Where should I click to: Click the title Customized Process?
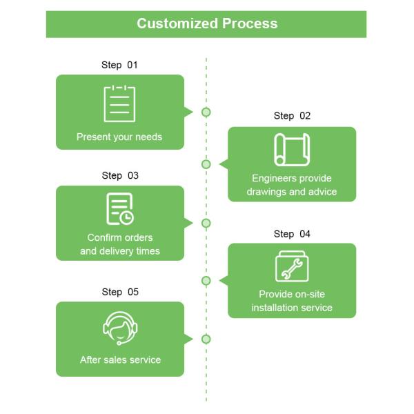tap(207, 23)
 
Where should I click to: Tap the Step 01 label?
tap(120, 65)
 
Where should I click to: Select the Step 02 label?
tap(292, 116)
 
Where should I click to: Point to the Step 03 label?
tap(120, 175)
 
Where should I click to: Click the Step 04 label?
tap(292, 234)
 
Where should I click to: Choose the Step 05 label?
tap(120, 292)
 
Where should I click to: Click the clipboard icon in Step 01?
tap(119, 103)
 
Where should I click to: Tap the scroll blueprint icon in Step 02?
tap(292, 150)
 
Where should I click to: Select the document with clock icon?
tap(120, 209)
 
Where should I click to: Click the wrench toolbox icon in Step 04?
tap(292, 266)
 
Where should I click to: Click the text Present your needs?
tap(119, 137)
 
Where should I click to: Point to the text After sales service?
tap(120, 359)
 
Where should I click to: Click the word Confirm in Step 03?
tap(104, 238)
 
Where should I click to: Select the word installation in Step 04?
tap(275, 307)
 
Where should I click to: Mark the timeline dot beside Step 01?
tap(206, 112)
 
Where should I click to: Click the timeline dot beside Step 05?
tap(206, 339)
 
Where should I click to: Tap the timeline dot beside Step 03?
tap(206, 223)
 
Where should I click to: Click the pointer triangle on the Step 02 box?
tap(224, 164)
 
